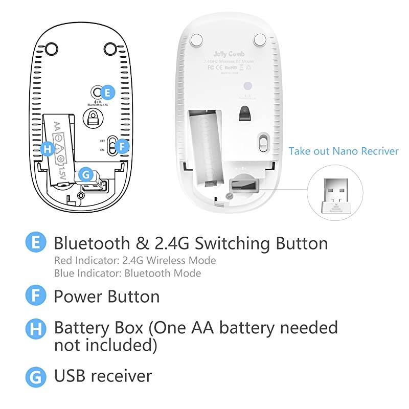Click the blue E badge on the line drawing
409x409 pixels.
[x=107, y=93]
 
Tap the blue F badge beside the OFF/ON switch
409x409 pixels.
[x=121, y=146]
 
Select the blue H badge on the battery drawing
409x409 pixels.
[x=48, y=149]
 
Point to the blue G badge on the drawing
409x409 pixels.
[x=85, y=174]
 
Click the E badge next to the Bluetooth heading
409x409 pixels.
[x=35, y=242]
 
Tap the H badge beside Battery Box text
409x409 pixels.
[x=35, y=328]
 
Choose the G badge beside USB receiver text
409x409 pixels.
[x=35, y=376]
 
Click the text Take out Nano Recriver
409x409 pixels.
[x=343, y=151]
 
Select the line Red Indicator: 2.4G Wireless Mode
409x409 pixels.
[x=135, y=260]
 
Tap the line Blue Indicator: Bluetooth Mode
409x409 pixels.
[x=127, y=272]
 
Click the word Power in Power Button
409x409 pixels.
[x=78, y=296]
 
